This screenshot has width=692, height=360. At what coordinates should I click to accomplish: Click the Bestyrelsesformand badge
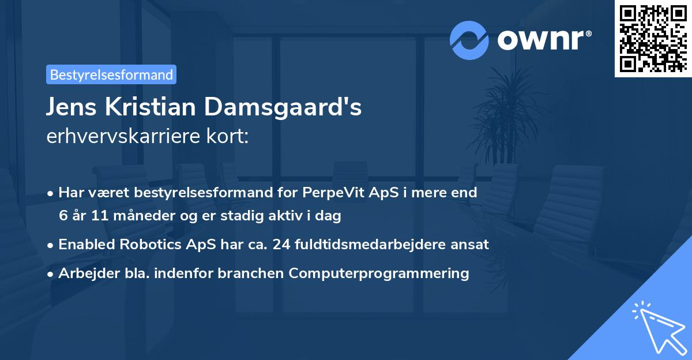tap(111, 74)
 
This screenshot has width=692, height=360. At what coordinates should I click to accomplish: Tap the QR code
tap(652, 38)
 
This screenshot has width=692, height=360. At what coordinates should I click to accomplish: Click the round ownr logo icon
tap(469, 40)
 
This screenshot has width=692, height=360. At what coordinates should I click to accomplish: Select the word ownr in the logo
tap(544, 40)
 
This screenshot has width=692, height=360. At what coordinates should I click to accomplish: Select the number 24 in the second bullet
tap(281, 245)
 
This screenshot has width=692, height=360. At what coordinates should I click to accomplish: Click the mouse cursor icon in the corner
tap(658, 327)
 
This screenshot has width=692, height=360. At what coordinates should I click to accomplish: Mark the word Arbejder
tap(84, 273)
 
